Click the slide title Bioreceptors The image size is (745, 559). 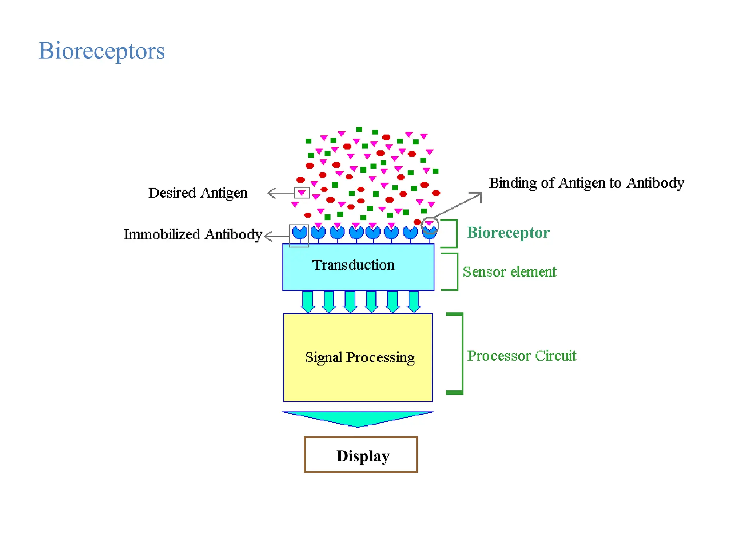pyautogui.click(x=101, y=51)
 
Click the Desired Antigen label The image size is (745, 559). pyautogui.click(x=198, y=193)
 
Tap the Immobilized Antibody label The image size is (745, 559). pyautogui.click(x=192, y=234)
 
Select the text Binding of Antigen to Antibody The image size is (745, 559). pyautogui.click(x=586, y=183)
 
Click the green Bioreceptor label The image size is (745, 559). pyautogui.click(x=508, y=233)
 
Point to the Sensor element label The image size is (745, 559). pyautogui.click(x=509, y=272)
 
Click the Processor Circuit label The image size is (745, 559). pyautogui.click(x=521, y=356)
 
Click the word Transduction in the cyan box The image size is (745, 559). pyautogui.click(x=353, y=265)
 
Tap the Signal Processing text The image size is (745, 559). pyautogui.click(x=359, y=357)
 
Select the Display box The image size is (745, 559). pyautogui.click(x=360, y=455)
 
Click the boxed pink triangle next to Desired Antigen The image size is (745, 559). pyautogui.click(x=302, y=193)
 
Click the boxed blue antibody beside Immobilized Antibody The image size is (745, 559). pyautogui.click(x=299, y=233)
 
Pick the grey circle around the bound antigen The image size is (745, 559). pyautogui.click(x=430, y=226)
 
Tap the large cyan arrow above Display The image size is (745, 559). pyautogui.click(x=358, y=419)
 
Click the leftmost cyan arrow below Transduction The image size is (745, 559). pyautogui.click(x=308, y=302)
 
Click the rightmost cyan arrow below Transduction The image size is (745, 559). pyautogui.click(x=414, y=302)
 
